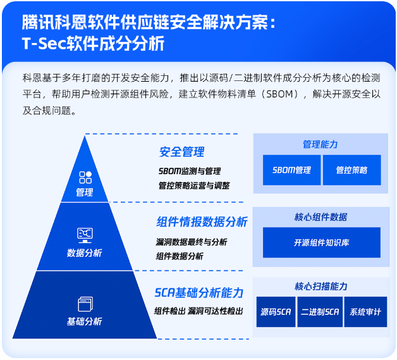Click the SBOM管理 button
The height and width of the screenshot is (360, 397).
[x=291, y=170]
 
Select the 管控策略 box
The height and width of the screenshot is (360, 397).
[x=351, y=170]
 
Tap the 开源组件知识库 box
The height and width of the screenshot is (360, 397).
[x=321, y=243]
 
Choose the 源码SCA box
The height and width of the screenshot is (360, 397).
[x=276, y=312]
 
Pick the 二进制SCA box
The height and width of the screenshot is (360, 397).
[x=320, y=312]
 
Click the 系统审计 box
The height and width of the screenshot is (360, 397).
[x=365, y=312]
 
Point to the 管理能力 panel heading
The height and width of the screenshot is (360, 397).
[x=321, y=144]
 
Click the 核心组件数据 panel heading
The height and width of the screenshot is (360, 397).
[x=321, y=217]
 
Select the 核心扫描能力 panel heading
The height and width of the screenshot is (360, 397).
[x=321, y=287]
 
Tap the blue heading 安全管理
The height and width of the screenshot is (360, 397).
[x=181, y=152]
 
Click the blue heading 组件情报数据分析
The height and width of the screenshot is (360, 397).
[x=202, y=222]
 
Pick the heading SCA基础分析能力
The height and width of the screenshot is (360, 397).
[x=198, y=293]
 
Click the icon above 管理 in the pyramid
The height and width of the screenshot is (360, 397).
[x=85, y=177]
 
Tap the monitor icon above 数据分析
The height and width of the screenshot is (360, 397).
[x=85, y=235]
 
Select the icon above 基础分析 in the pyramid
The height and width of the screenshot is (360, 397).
[x=85, y=304]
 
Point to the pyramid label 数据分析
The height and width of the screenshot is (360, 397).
[x=85, y=253]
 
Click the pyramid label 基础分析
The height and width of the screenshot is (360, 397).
[x=85, y=321]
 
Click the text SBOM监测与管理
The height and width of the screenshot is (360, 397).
[x=190, y=171]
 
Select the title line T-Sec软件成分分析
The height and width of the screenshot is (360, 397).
[x=93, y=44]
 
